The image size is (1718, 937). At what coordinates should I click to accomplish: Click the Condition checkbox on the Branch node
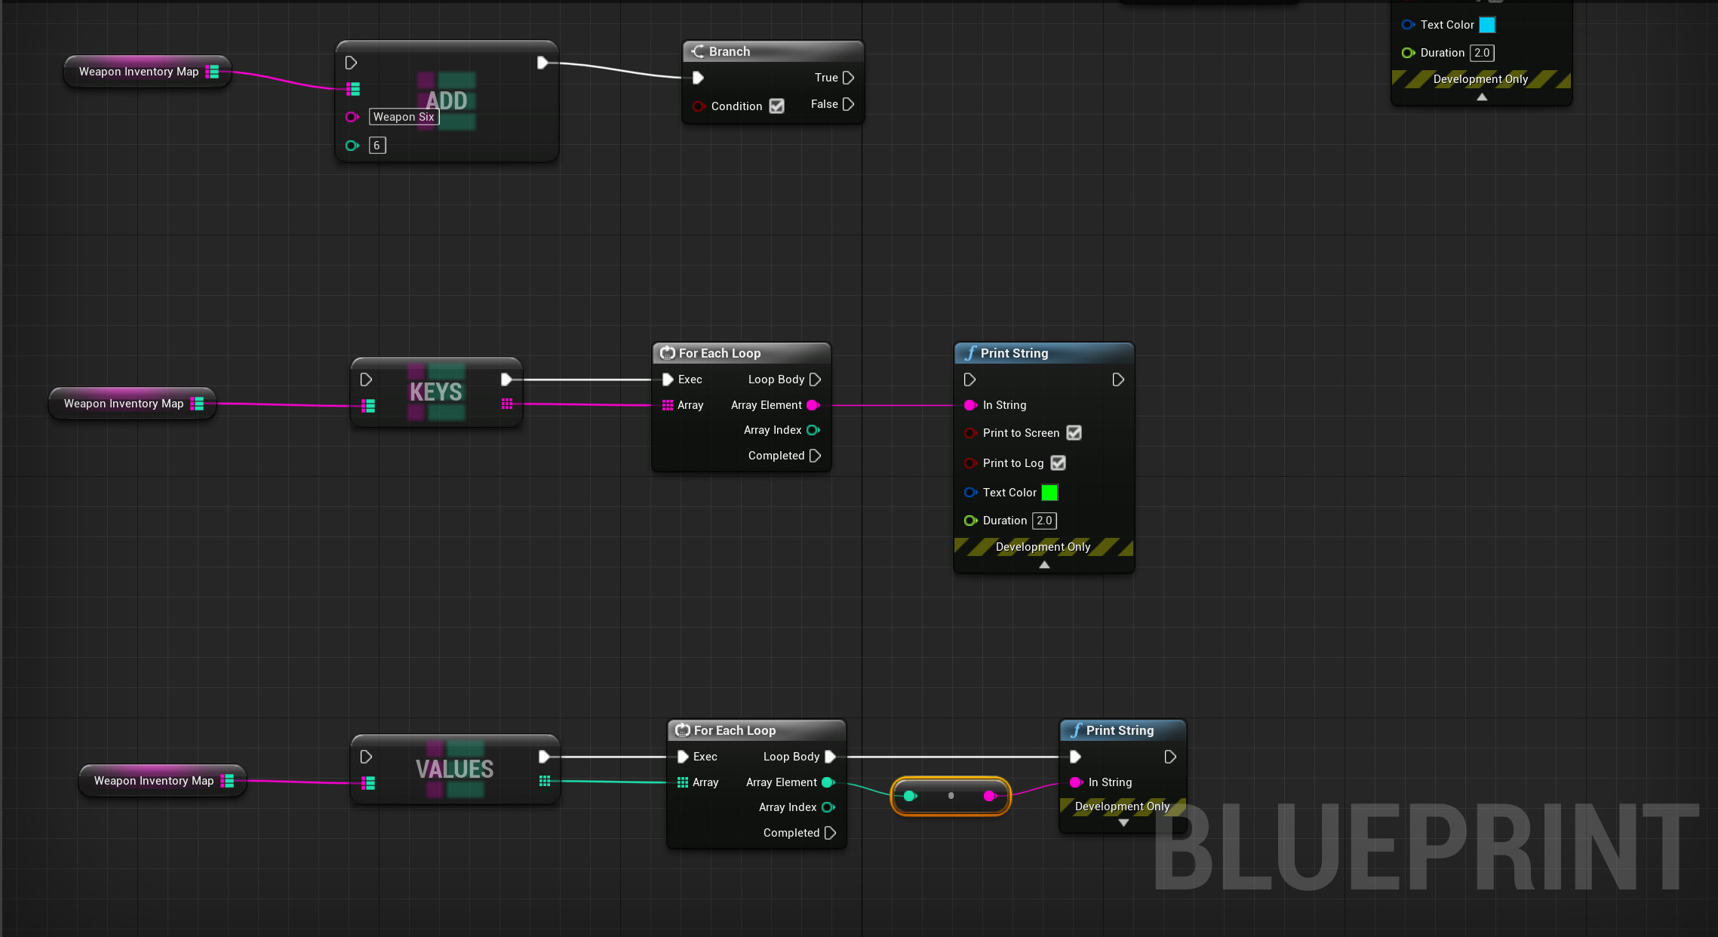coord(776,106)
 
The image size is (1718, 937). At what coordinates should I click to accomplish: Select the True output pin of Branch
coord(848,78)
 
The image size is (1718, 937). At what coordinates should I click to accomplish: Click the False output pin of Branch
coord(848,104)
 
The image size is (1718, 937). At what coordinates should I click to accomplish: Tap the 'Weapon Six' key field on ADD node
coord(404,117)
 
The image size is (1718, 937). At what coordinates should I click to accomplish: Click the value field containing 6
coord(377,146)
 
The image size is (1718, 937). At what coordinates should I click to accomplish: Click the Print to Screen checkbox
coord(1074,433)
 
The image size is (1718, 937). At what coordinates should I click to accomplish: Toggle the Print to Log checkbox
coord(1058,463)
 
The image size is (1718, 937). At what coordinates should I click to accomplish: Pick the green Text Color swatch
coord(1049,493)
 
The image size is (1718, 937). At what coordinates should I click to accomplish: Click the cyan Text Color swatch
coord(1486,25)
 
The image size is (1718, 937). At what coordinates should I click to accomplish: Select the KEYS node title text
coord(435,392)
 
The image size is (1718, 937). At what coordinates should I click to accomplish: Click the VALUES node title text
coord(454,770)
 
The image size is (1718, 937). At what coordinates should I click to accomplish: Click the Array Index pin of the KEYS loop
coord(813,430)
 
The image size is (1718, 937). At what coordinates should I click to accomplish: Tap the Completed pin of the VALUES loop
coord(830,833)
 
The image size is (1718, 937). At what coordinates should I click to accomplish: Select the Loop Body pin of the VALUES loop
coord(830,757)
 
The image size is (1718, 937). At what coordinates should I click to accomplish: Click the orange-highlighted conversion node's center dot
coord(951,796)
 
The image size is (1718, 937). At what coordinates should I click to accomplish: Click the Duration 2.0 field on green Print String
coord(1044,521)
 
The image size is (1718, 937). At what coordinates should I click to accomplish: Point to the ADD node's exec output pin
coord(542,63)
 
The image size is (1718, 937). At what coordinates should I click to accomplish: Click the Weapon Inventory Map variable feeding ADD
coord(139,72)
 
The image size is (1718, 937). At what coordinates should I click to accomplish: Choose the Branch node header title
coord(729,51)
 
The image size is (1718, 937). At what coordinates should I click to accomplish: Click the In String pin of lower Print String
coord(1076,782)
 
